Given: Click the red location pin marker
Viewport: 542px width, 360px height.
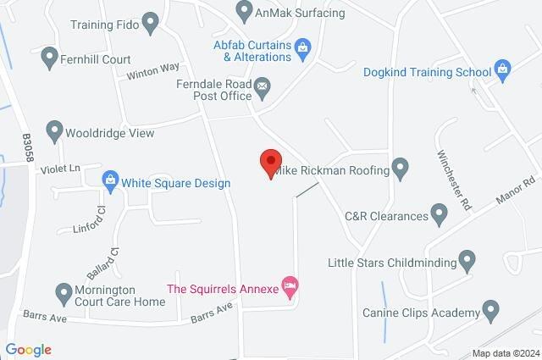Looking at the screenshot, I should (270, 162).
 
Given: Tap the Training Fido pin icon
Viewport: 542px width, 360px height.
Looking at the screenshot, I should (151, 23).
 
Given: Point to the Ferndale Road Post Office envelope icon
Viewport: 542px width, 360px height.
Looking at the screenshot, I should (263, 86).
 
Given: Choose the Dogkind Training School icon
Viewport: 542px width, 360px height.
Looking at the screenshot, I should (503, 71).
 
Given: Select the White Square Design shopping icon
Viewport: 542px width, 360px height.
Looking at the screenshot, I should (109, 180).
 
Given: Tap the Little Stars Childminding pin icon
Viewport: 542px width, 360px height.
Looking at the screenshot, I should (467, 262).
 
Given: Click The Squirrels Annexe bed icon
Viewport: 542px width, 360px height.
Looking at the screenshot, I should (290, 288).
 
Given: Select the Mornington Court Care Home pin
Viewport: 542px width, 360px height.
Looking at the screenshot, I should (62, 294).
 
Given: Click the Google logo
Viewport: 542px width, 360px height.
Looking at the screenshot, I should (28, 349).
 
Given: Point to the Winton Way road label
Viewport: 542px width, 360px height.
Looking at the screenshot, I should (153, 74).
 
